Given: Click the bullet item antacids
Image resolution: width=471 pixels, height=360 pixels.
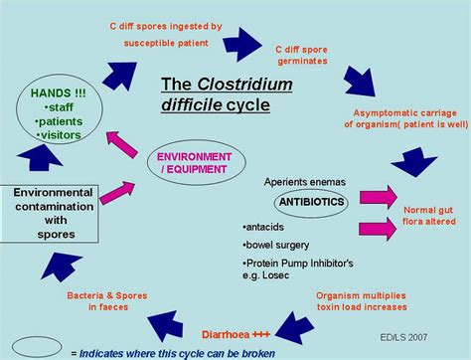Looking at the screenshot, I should click(264, 226).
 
